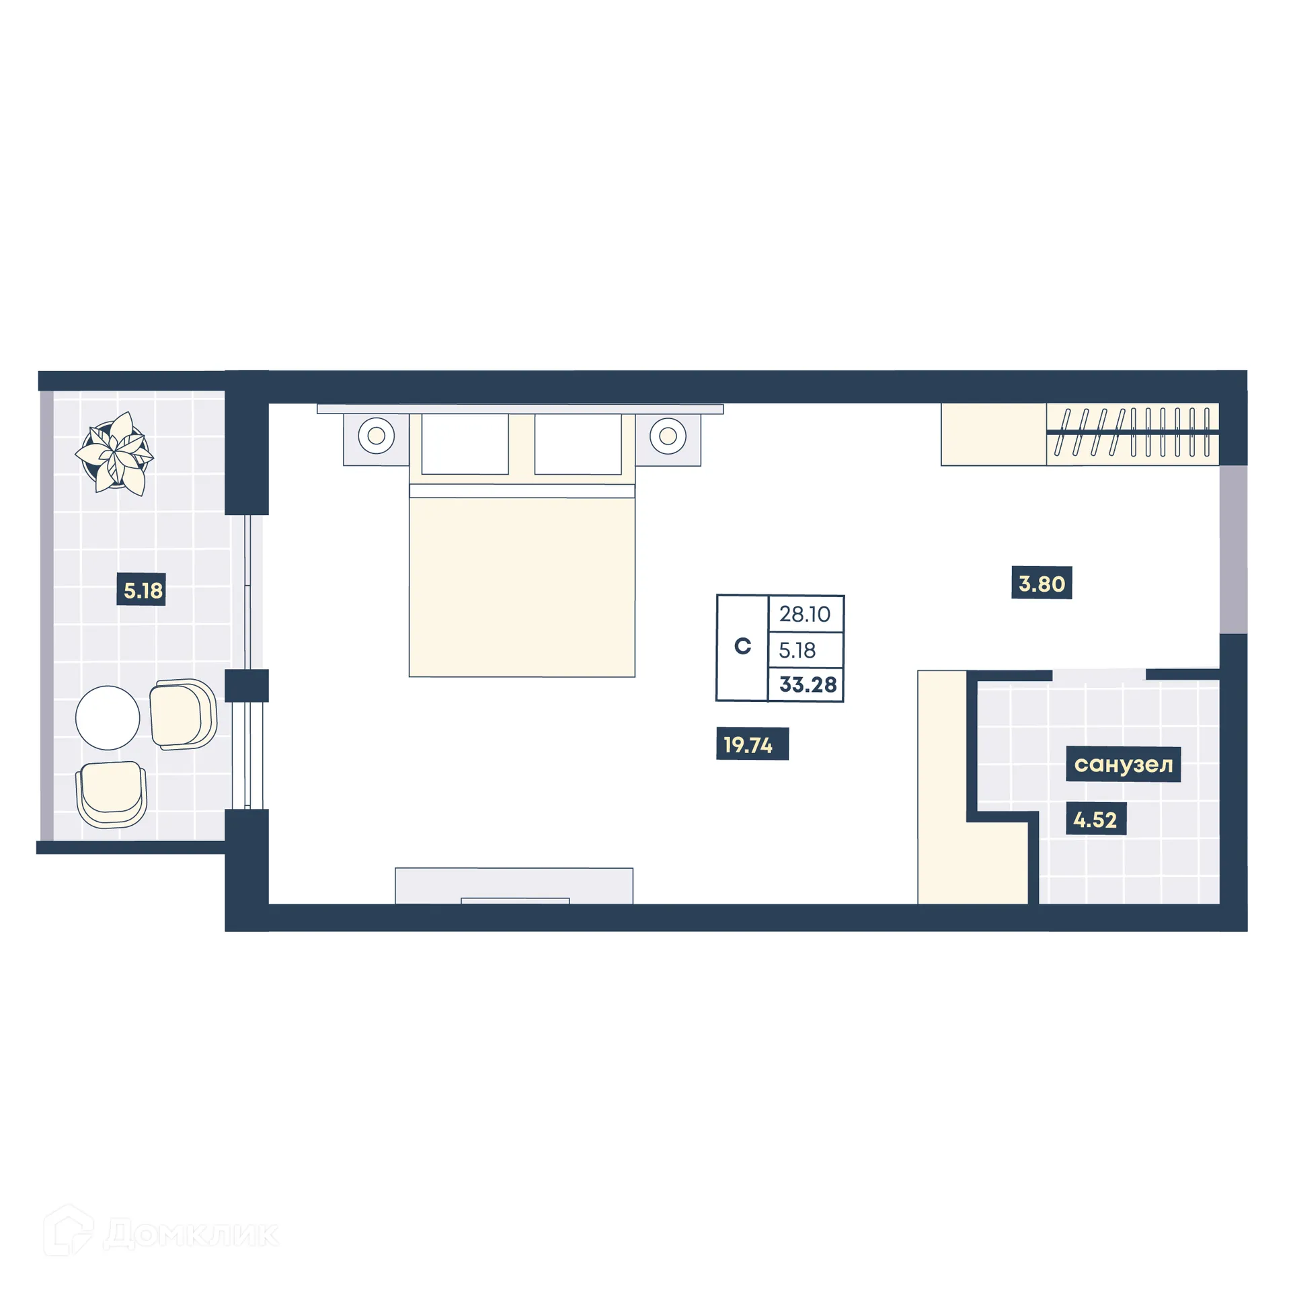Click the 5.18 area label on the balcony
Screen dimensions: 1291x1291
click(x=141, y=590)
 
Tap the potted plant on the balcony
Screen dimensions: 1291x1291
click(x=115, y=452)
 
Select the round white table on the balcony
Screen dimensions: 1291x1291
click(x=108, y=717)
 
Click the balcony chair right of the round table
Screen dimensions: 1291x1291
click(x=182, y=714)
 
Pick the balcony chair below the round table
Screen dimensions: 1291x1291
click(x=112, y=793)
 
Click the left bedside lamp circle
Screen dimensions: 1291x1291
click(x=376, y=436)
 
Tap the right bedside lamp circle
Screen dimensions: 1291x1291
click(x=668, y=436)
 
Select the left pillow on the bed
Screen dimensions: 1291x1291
click(x=465, y=444)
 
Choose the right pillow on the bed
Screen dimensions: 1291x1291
click(x=578, y=444)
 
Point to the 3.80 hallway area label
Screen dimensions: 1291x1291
click(x=1041, y=583)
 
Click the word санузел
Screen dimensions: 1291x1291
click(x=1123, y=765)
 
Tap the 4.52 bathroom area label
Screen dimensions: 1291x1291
click(x=1095, y=820)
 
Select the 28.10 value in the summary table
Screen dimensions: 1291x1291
click(x=805, y=614)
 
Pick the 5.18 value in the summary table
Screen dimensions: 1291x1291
click(x=797, y=650)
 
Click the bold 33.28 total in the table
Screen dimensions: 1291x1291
click(x=808, y=685)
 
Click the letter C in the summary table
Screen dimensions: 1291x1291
click(x=742, y=646)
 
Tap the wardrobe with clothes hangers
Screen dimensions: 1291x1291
click(x=1132, y=434)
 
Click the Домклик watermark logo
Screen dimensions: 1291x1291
click(x=161, y=1233)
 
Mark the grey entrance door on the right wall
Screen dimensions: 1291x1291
click(x=1233, y=549)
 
